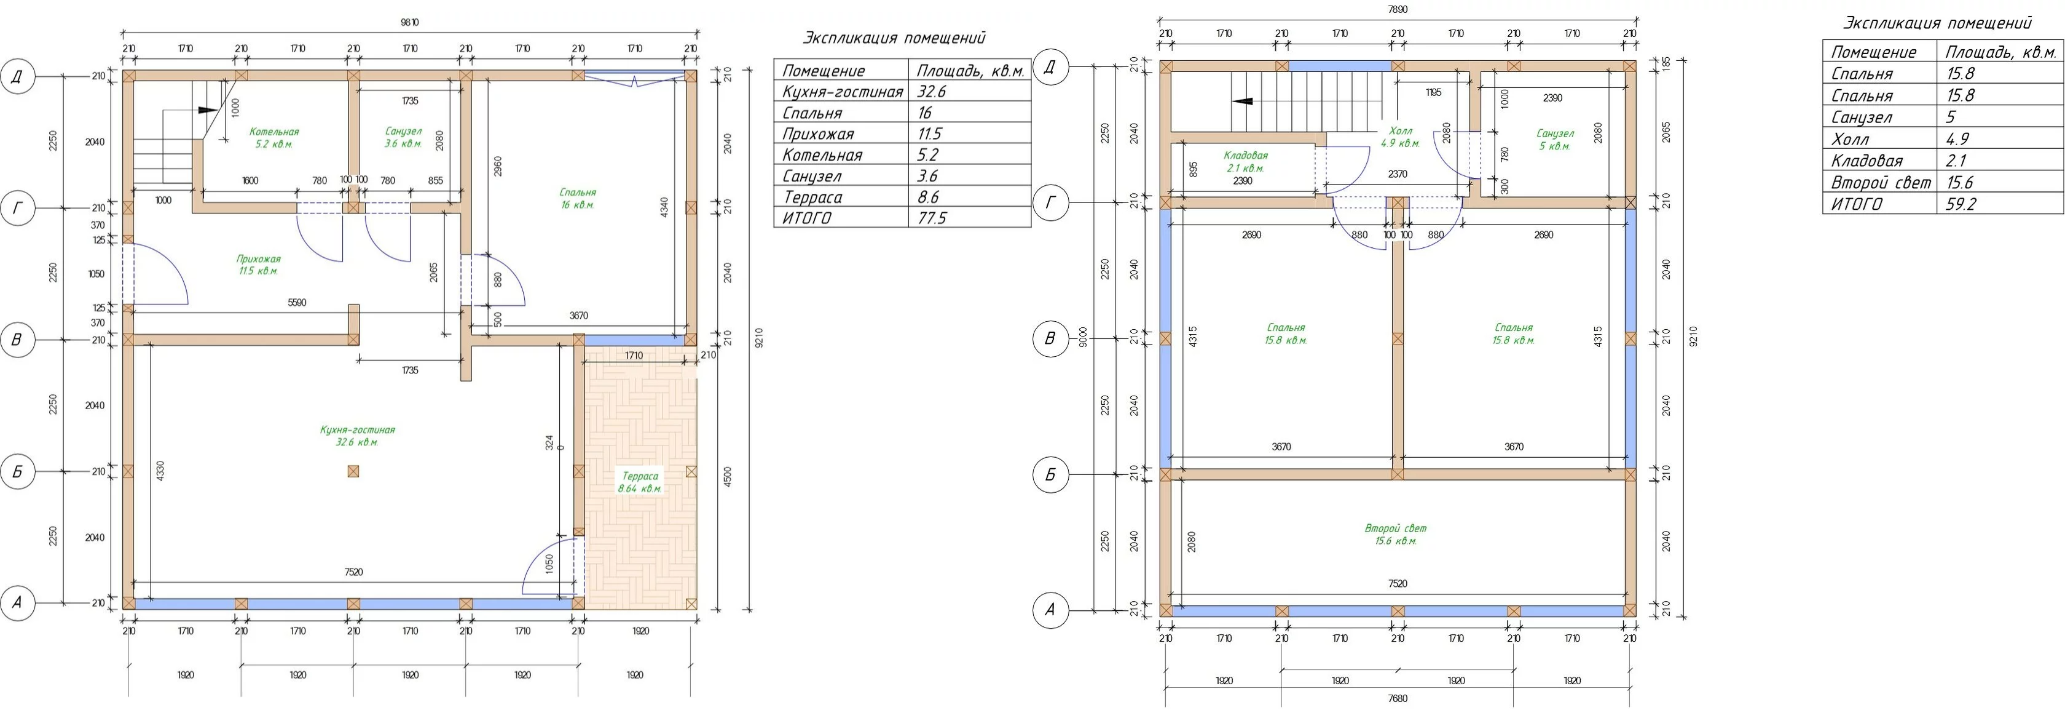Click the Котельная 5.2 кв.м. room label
click(273, 138)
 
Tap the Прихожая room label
click(258, 265)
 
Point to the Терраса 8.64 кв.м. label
click(640, 482)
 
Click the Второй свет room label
click(1396, 534)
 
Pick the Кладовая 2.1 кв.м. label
click(1246, 161)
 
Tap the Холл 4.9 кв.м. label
click(1401, 137)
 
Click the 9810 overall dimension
click(410, 23)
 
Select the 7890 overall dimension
click(1397, 10)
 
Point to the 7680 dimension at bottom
click(1397, 698)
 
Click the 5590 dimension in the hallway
click(297, 303)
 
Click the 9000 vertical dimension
click(1083, 338)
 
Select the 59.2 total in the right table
click(1961, 204)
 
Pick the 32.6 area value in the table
click(932, 92)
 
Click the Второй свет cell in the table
click(1881, 182)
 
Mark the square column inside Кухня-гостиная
click(353, 471)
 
